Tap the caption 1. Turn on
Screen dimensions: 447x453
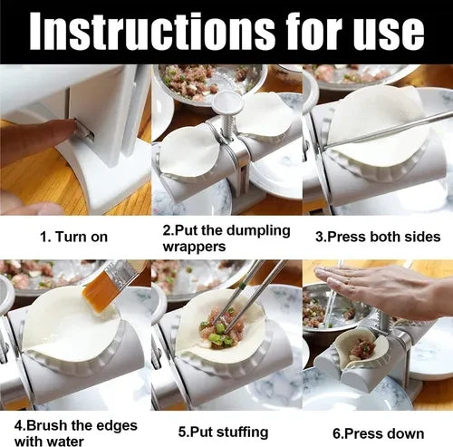tap(74, 238)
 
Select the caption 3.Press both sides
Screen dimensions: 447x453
tap(377, 238)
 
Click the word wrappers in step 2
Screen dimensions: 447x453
tap(195, 246)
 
